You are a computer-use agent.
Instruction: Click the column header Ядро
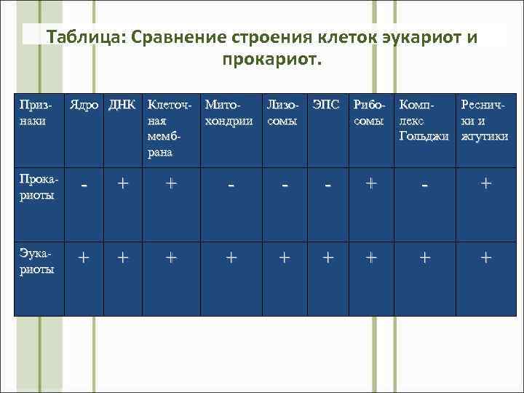[85, 106]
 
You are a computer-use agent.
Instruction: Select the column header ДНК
[122, 106]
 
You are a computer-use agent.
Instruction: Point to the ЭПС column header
[325, 106]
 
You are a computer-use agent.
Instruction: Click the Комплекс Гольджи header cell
[424, 121]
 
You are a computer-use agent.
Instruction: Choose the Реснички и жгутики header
[483, 121]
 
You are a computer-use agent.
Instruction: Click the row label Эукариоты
[39, 261]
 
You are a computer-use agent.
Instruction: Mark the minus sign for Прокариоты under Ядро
[85, 186]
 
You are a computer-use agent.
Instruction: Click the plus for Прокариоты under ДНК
[122, 185]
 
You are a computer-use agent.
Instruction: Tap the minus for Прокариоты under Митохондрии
[231, 186]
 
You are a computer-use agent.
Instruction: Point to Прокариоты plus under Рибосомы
[370, 184]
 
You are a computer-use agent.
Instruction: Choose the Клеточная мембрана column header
[170, 128]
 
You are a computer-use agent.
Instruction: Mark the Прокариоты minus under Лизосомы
[285, 186]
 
